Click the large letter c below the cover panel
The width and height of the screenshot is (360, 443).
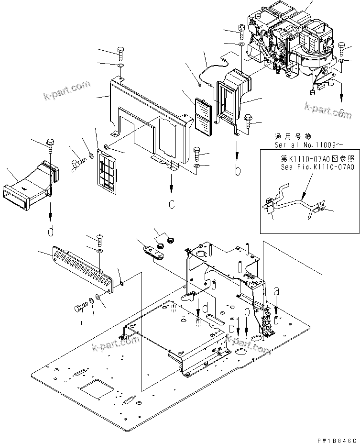point(171,204)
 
